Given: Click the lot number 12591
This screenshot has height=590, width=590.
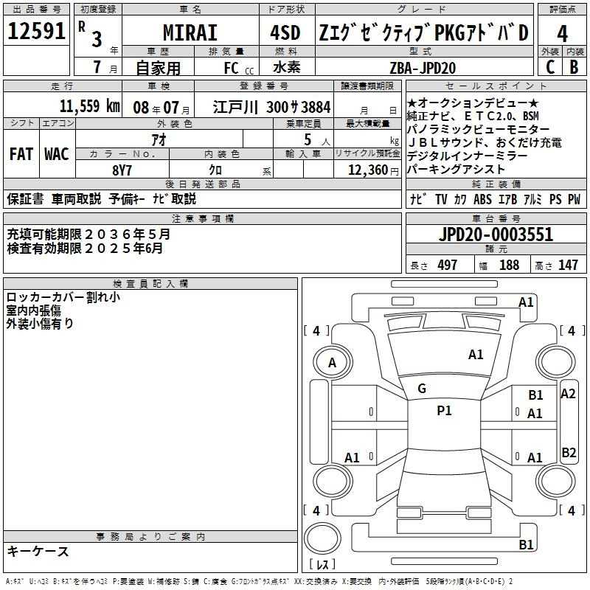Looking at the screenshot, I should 37,33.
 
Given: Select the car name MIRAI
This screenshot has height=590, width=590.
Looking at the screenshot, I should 190,33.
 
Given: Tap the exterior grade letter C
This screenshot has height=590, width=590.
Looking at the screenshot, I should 549,67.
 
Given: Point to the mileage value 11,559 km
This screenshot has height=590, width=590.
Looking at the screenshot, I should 88,105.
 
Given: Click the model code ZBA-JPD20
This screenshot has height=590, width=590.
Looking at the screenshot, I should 423,66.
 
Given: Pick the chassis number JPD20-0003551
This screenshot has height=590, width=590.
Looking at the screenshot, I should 495,235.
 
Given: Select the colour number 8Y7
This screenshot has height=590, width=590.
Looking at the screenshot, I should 122,169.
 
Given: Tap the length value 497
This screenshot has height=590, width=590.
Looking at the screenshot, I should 447,265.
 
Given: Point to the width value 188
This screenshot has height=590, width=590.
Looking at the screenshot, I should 509,265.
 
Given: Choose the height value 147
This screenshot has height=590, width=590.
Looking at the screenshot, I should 568,265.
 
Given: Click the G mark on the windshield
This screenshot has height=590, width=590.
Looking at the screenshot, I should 422,389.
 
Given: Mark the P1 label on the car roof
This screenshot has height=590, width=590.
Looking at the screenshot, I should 444,411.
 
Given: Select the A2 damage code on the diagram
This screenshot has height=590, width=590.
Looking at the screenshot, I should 568,394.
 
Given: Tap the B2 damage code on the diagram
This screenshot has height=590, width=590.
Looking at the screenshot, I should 569,453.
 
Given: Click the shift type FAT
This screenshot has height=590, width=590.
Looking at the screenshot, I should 21,154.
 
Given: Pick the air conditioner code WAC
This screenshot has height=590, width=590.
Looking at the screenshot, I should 56,154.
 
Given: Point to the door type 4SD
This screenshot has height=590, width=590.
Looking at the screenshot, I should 286,33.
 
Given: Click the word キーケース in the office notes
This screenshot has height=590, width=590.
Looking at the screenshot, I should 38,552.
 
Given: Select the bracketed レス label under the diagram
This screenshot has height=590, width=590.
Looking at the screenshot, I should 322,565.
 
